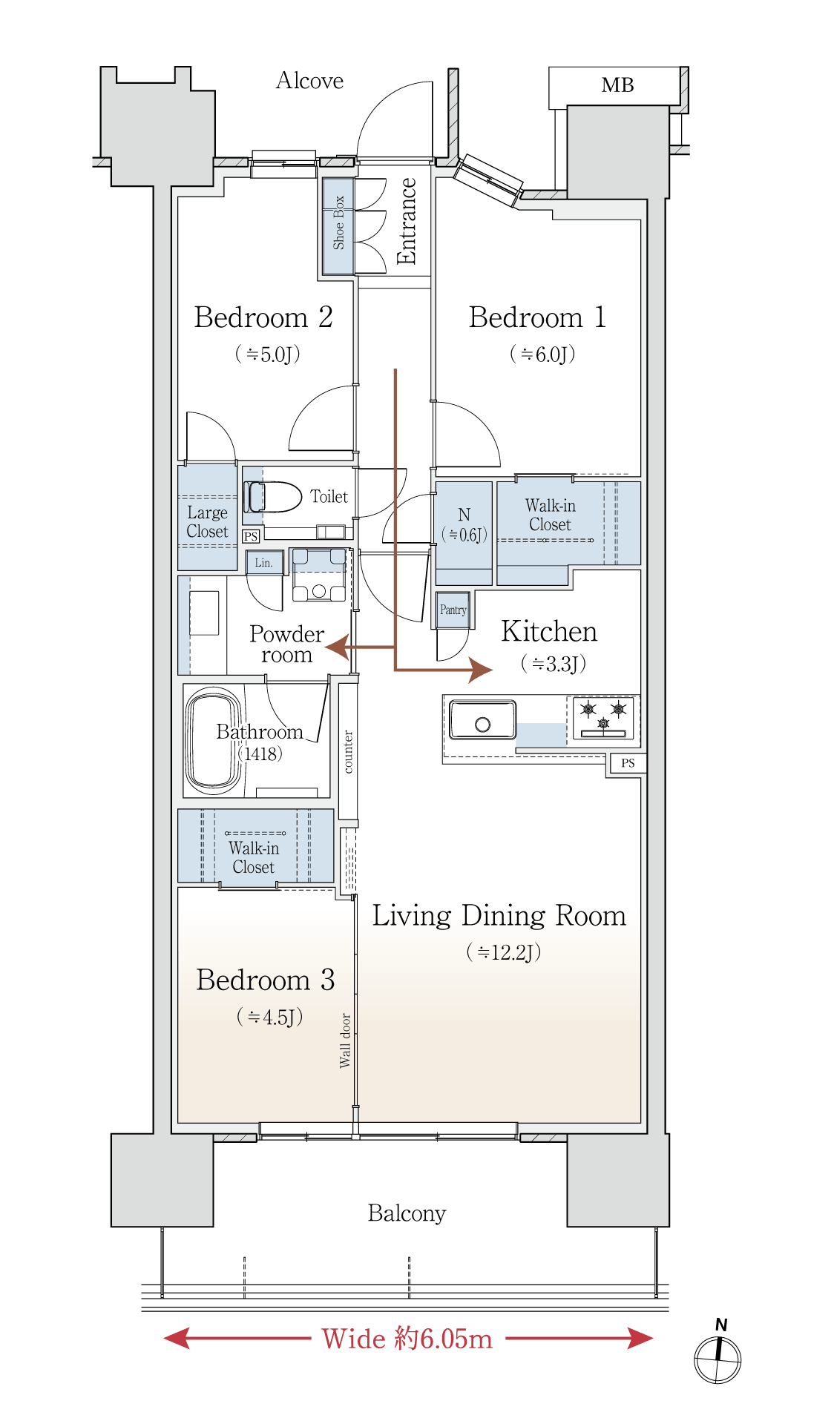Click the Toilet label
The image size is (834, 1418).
click(329, 496)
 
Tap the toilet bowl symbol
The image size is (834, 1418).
click(272, 497)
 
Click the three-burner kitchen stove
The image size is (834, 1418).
click(604, 718)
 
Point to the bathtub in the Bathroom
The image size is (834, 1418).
click(214, 740)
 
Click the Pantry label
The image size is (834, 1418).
click(453, 610)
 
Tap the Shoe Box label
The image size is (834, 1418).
click(339, 222)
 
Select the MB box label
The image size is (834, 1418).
click(617, 85)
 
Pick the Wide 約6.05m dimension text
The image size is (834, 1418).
click(407, 1339)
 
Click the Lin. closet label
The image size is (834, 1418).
click(263, 563)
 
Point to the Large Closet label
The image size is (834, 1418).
click(207, 522)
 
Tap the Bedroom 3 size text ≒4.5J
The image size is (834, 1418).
click(269, 1016)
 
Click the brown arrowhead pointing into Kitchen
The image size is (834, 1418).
click(480, 670)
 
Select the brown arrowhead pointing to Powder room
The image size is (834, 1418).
click(338, 647)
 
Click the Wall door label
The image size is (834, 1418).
click(345, 1040)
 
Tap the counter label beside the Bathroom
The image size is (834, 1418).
click(348, 751)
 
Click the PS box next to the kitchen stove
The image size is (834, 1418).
click(628, 763)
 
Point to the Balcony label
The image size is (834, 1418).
click(407, 1213)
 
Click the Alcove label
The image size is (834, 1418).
click(309, 80)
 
